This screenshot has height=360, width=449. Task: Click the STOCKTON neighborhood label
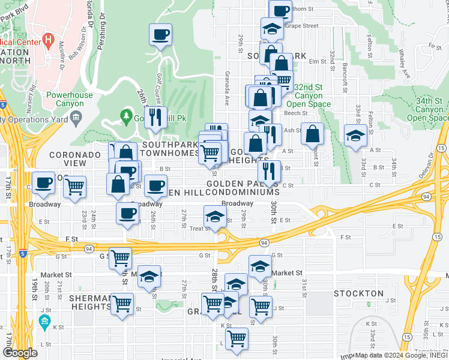tap(358, 293)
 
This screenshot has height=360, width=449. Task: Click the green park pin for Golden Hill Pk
tap(125, 114)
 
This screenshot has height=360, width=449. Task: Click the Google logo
tap(20, 353)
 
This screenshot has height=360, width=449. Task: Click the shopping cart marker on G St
tap(121, 258)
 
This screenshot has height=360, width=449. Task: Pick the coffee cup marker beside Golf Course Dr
tap(160, 34)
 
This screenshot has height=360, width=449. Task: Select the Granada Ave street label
tap(227, 96)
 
